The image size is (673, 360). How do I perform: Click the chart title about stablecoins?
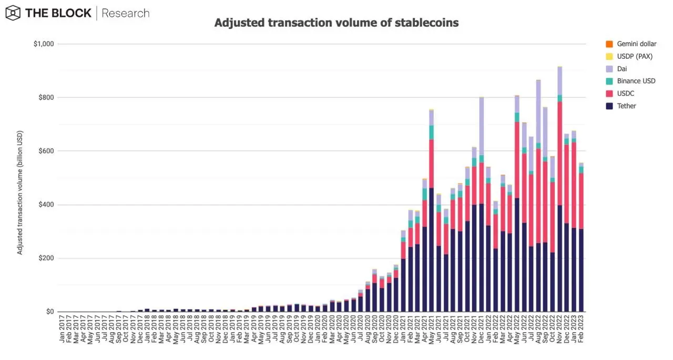tap(336, 23)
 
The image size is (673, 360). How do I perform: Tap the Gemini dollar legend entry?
tap(637, 44)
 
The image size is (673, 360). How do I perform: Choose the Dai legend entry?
tap(622, 69)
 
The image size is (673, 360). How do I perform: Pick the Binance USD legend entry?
tap(636, 81)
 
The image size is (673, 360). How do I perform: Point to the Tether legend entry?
tap(626, 106)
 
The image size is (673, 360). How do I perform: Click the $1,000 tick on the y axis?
tap(43, 44)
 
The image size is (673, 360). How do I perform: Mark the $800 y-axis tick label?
tap(46, 98)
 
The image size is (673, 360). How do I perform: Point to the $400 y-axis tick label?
tap(46, 205)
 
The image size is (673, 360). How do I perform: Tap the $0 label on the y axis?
tap(49, 312)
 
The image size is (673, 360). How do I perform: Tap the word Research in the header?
tap(125, 13)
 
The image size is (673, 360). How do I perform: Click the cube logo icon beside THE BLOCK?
tap(13, 13)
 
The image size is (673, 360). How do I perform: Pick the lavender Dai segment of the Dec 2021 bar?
tap(481, 126)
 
